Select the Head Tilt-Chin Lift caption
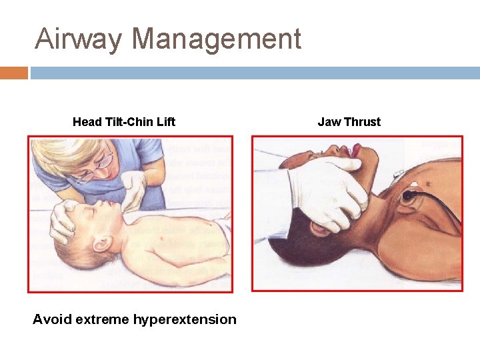point(124,122)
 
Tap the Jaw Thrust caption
point(349,122)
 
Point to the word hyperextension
point(185,319)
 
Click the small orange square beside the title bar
point(14,73)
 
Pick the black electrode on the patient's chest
point(408,196)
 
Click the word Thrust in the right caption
point(363,122)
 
